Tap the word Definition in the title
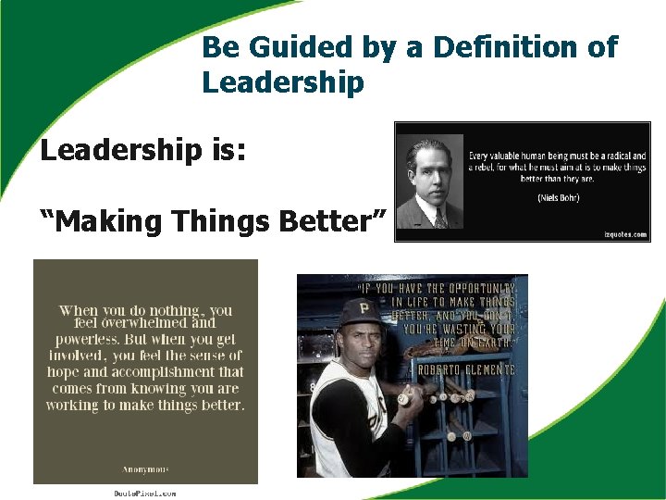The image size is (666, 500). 492,47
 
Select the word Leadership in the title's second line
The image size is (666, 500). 283,82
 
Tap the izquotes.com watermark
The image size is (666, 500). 622,234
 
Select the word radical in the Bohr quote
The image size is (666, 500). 610,156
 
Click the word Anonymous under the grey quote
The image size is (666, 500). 145,469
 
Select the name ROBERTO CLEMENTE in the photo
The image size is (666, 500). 466,369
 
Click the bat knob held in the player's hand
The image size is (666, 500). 403,400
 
